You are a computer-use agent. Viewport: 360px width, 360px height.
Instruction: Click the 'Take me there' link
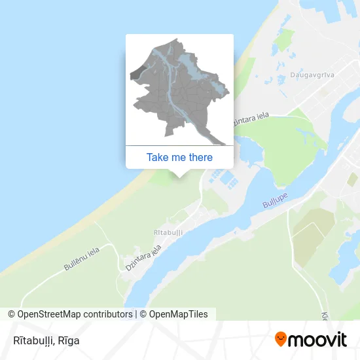point(179,157)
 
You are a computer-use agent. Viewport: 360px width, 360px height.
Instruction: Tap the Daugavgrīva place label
point(312,75)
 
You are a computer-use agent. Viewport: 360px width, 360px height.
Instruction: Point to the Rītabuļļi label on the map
point(168,232)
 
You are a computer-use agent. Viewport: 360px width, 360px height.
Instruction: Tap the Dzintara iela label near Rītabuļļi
point(143,258)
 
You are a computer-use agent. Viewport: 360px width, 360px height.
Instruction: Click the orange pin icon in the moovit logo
point(281,340)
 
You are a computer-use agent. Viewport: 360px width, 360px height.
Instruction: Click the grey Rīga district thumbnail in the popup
point(179,92)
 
